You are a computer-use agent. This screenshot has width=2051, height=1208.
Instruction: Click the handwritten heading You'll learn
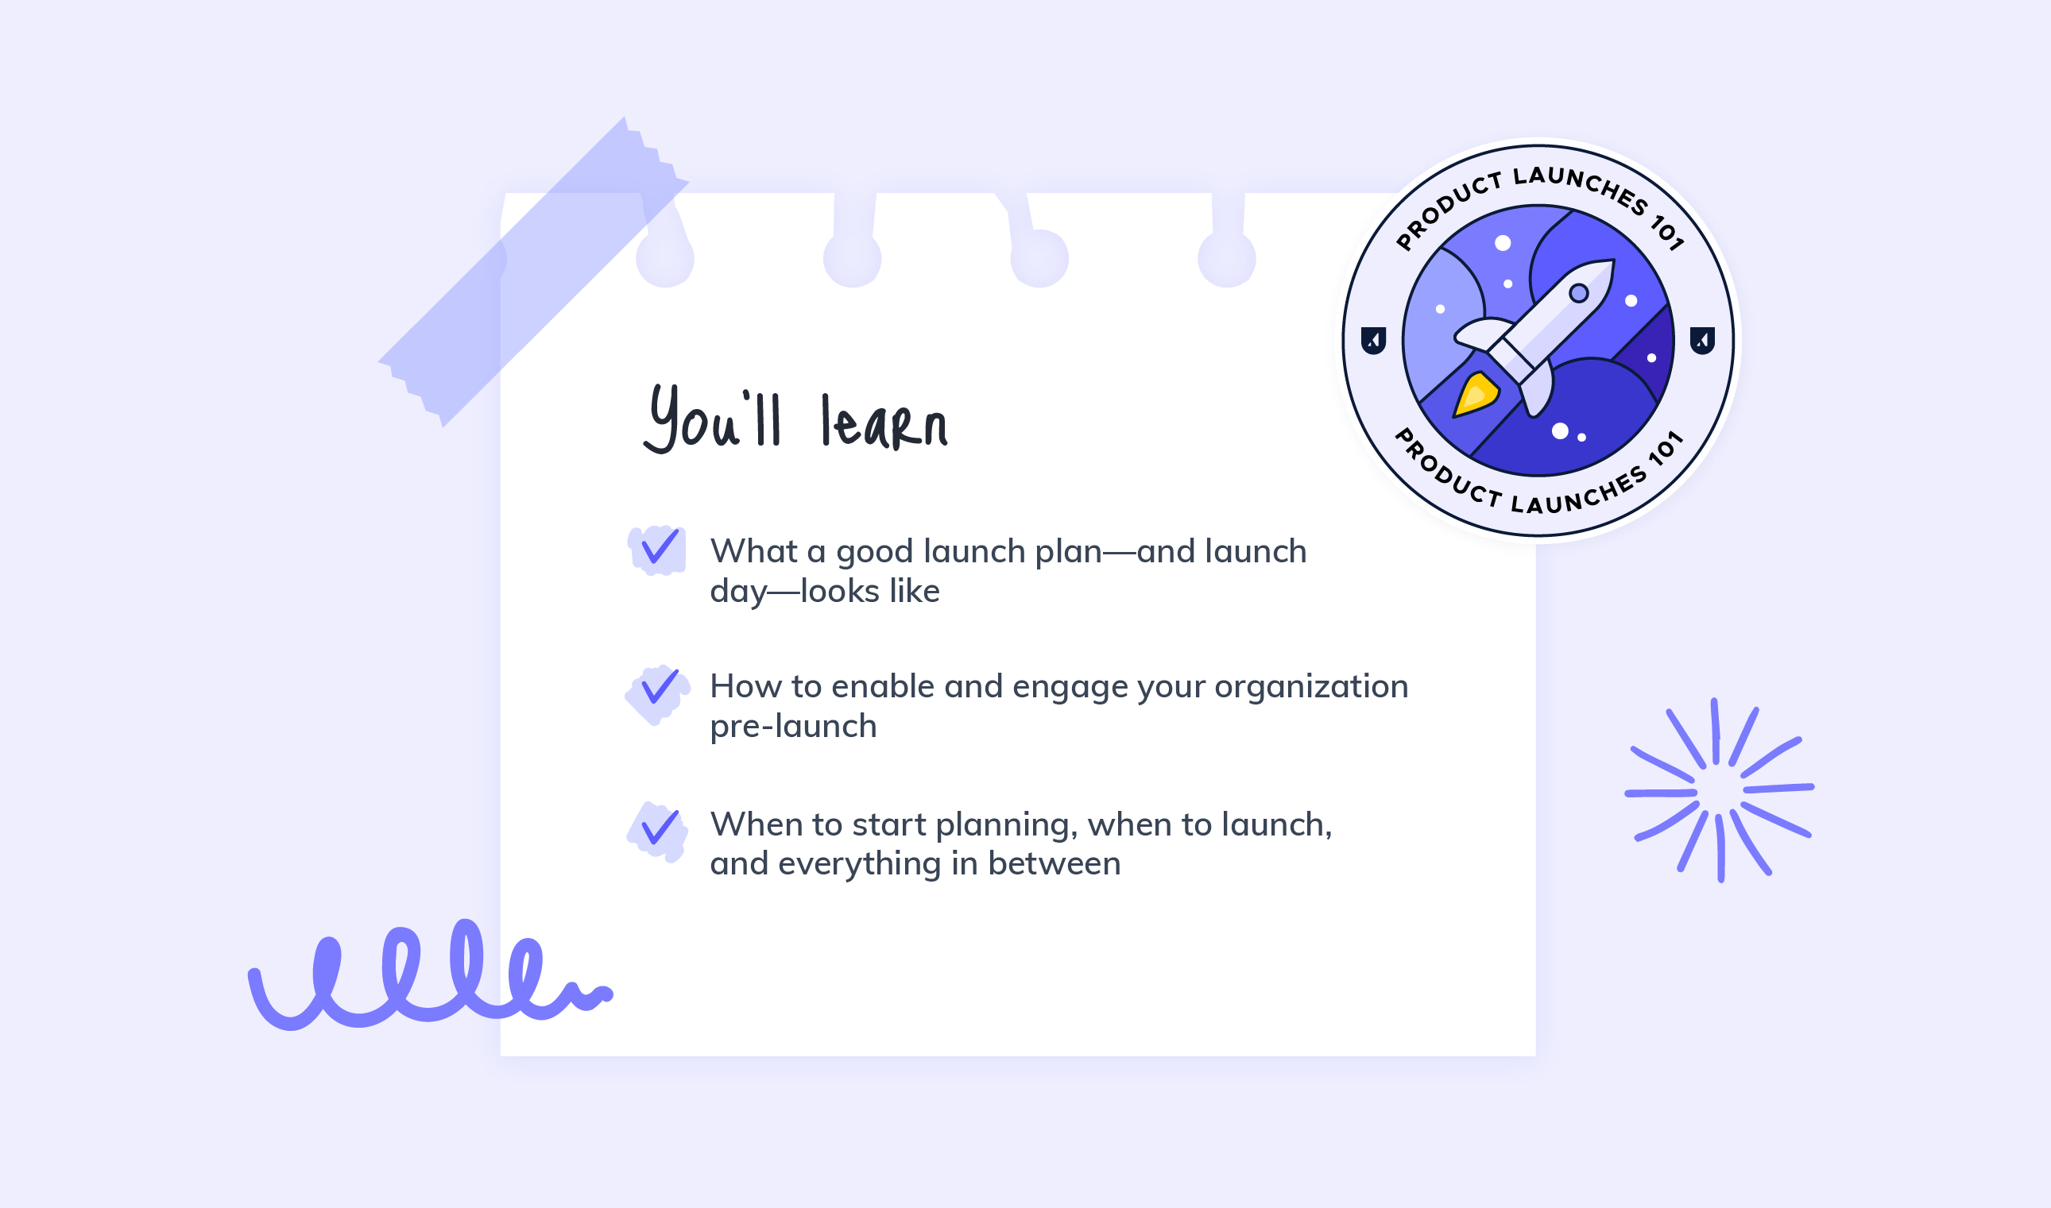[x=795, y=419]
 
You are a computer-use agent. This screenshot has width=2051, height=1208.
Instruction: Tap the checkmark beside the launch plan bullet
[x=660, y=547]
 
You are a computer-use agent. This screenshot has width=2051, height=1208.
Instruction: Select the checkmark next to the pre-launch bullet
[x=660, y=686]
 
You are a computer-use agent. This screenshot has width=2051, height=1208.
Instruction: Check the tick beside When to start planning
[x=660, y=826]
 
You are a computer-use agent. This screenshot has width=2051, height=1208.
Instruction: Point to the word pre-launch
[x=793, y=727]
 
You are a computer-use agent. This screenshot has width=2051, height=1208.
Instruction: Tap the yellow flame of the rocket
[x=1476, y=394]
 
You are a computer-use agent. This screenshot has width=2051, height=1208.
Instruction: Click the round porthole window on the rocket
[x=1579, y=293]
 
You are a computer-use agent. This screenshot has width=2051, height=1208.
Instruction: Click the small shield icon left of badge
[x=1374, y=340]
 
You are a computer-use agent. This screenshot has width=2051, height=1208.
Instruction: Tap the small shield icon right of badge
[x=1702, y=340]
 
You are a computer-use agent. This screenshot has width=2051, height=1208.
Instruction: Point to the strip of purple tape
[x=533, y=272]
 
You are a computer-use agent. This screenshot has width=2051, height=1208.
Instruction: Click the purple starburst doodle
[x=1718, y=789]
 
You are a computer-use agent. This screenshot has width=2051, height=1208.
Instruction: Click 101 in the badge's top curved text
[x=1666, y=232]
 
